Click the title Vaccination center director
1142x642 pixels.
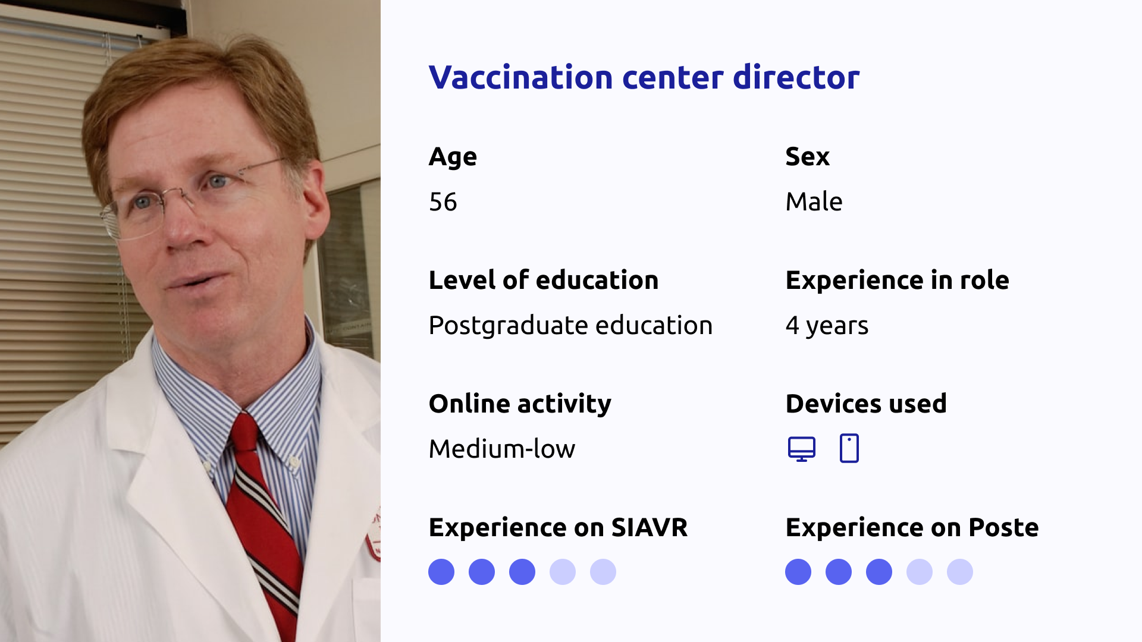point(644,77)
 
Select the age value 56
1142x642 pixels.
point(443,202)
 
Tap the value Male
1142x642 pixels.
point(814,202)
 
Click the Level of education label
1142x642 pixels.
point(544,280)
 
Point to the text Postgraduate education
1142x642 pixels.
point(570,326)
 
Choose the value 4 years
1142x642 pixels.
point(827,326)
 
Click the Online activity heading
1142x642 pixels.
point(520,404)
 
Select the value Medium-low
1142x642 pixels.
point(502,449)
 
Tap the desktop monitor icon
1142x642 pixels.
point(802,449)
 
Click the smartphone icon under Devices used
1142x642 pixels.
point(849,448)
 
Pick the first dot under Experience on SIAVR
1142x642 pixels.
point(441,572)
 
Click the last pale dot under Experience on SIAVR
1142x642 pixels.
point(603,572)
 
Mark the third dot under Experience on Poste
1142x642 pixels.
point(879,572)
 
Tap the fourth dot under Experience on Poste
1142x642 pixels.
point(920,572)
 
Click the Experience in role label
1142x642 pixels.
point(897,280)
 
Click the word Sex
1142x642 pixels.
point(807,156)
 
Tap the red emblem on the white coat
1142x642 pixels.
point(375,535)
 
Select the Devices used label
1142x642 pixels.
point(866,404)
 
